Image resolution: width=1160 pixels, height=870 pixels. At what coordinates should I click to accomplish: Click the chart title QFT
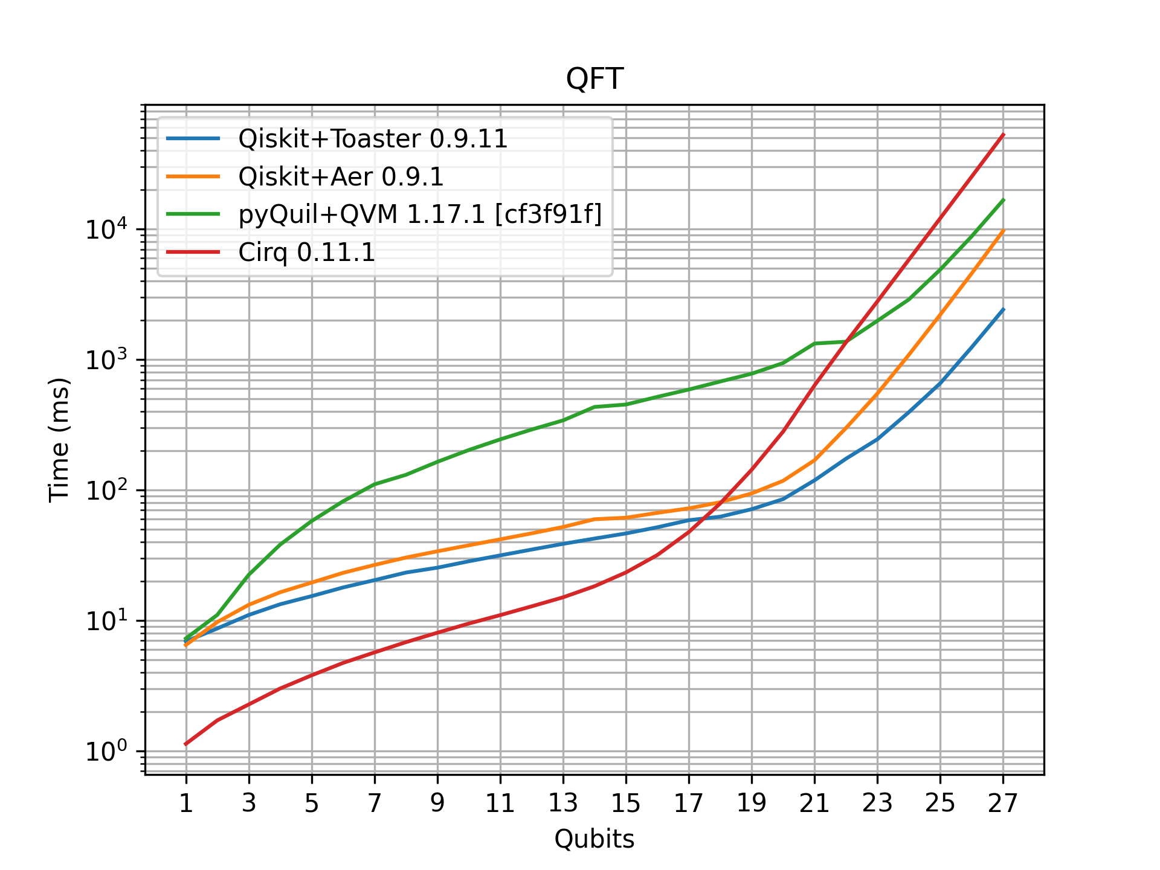594,79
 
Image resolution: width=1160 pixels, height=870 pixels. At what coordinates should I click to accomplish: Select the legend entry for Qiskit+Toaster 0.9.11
373,139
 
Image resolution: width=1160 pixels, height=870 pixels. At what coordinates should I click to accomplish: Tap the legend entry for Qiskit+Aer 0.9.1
341,176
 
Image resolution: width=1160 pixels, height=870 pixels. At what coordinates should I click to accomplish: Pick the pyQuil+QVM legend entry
420,214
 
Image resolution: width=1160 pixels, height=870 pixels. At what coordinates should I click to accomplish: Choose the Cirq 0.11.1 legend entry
307,252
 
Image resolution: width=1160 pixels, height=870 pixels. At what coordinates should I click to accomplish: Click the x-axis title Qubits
594,839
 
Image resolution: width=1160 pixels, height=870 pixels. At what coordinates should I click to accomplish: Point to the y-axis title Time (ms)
59,440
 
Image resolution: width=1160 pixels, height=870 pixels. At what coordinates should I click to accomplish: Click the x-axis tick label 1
186,804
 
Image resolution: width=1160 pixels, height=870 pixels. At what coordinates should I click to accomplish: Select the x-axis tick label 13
563,804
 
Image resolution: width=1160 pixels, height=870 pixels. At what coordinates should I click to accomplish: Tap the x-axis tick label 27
1003,804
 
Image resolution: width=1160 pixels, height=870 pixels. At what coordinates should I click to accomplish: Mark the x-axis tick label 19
752,804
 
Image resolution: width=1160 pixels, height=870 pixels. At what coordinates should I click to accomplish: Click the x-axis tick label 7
375,804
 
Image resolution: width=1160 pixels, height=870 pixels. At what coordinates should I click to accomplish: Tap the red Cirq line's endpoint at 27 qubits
1003,135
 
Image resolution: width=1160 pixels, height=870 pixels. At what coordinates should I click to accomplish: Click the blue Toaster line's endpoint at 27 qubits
1003,309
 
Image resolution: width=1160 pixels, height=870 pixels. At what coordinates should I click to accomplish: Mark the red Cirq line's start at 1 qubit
186,744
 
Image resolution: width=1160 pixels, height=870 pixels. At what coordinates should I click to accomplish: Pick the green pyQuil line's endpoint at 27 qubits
1003,200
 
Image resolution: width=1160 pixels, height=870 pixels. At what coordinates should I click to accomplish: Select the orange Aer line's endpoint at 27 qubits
1003,231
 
